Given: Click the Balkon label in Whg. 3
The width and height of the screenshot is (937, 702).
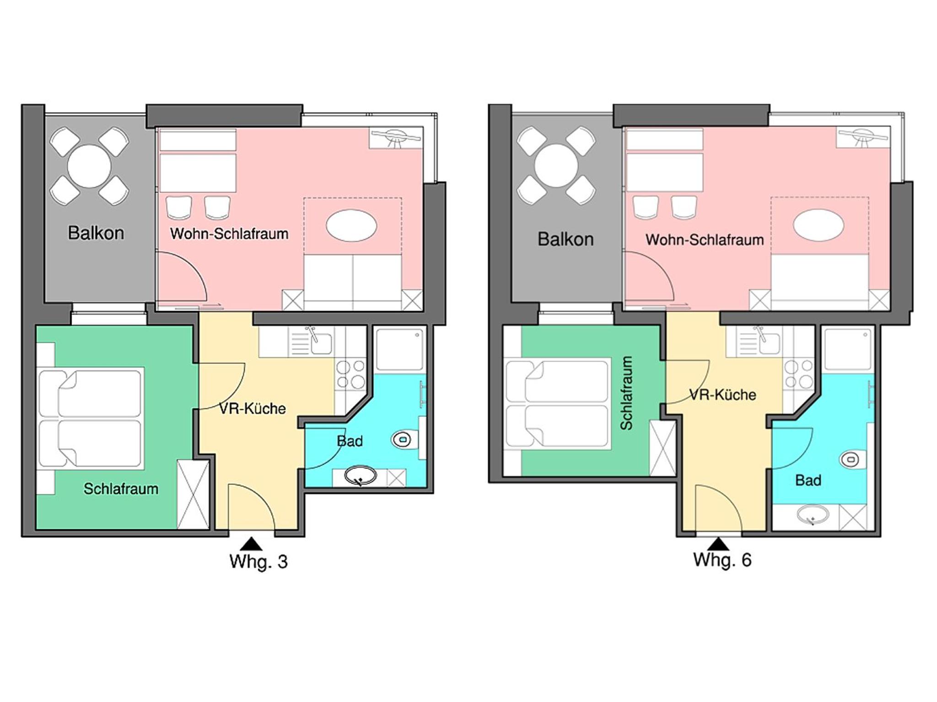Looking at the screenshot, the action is pyautogui.click(x=96, y=233).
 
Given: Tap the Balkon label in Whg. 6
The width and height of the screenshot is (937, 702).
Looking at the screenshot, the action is pyautogui.click(x=565, y=239).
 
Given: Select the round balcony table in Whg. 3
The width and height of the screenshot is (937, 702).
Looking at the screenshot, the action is pyautogui.click(x=89, y=166).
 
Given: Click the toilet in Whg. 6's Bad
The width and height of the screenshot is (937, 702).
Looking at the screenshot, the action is pyautogui.click(x=852, y=459).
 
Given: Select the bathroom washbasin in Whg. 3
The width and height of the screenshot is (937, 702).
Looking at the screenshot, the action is pyautogui.click(x=361, y=476).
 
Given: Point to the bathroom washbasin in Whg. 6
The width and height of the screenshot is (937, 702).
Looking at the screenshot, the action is pyautogui.click(x=813, y=516).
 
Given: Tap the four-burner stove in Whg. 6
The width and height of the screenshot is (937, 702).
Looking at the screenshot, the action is pyautogui.click(x=798, y=374).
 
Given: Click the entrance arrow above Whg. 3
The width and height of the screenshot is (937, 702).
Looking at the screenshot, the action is pyautogui.click(x=251, y=543).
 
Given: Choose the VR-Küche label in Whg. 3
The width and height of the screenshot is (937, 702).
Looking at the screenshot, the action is pyautogui.click(x=253, y=409).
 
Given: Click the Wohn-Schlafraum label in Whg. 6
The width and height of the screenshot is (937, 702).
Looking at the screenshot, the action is pyautogui.click(x=705, y=239).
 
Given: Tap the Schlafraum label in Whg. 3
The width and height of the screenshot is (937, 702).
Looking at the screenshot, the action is pyautogui.click(x=121, y=489).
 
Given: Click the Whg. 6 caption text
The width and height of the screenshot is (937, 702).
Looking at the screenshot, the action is pyautogui.click(x=722, y=560).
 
